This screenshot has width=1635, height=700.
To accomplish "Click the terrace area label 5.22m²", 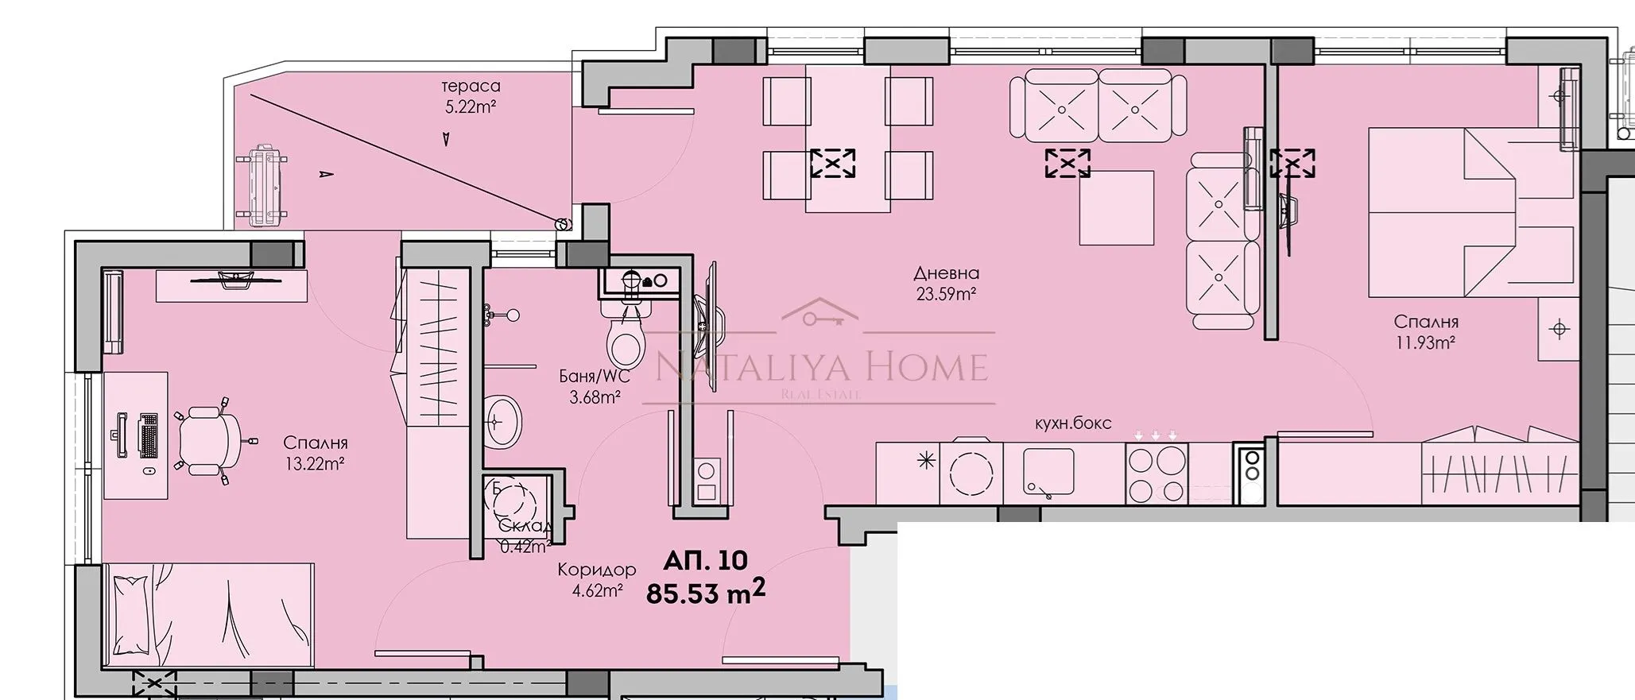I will [x=471, y=106].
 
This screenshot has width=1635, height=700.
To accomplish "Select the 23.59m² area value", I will [x=946, y=294].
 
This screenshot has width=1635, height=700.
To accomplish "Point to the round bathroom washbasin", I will [x=502, y=421].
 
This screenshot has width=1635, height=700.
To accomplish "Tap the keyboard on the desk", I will [x=149, y=435].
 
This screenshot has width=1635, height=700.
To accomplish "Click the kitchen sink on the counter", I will [x=1048, y=474].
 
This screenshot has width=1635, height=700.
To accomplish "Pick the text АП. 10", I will [x=706, y=560].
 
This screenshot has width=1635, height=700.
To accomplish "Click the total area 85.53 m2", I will [x=706, y=593].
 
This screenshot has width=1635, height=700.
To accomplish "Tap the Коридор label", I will [x=596, y=570].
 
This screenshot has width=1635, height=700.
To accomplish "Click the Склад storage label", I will [x=525, y=526].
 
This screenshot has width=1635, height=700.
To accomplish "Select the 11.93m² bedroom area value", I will [x=1425, y=342].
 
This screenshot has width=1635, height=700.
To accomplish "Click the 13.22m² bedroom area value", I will [x=315, y=464].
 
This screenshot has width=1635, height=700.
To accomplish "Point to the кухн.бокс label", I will [x=1072, y=423].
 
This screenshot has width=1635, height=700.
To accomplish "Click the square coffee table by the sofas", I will [x=1116, y=207].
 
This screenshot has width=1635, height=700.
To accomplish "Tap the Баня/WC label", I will [x=595, y=377].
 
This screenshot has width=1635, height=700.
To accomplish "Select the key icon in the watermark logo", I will [x=819, y=318].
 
